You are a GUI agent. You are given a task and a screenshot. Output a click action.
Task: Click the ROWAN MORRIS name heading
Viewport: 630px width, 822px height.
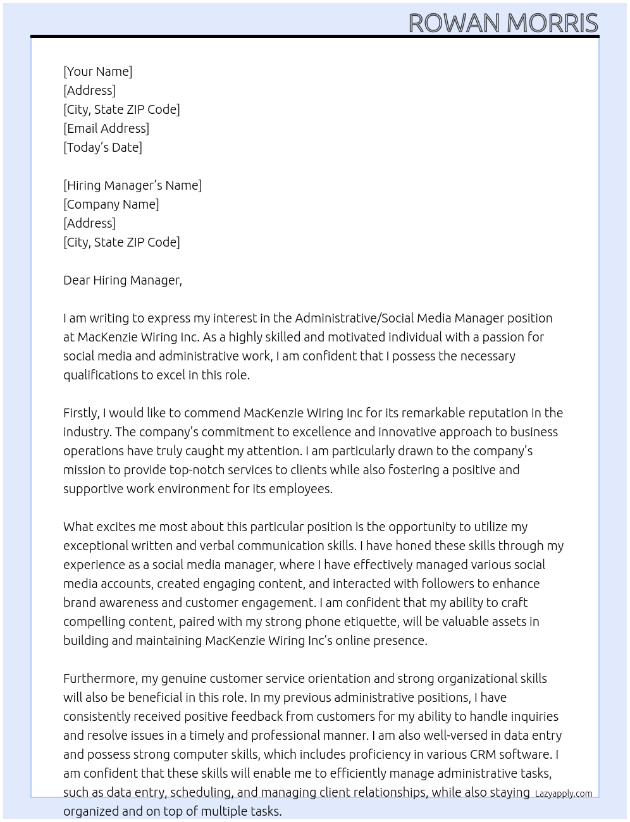pos(503,23)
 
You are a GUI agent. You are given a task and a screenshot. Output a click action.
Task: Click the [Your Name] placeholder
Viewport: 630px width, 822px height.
pos(97,71)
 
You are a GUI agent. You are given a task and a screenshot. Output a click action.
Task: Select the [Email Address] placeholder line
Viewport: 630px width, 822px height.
pos(106,128)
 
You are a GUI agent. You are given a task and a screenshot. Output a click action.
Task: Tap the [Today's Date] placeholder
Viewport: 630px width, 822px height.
pos(102,147)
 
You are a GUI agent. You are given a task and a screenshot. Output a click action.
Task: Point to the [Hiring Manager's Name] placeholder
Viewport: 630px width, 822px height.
pos(132,185)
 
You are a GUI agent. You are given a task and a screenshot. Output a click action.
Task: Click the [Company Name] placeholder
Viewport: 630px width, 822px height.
pos(111,204)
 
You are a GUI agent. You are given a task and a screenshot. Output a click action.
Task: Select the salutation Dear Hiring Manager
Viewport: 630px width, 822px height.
pos(122,280)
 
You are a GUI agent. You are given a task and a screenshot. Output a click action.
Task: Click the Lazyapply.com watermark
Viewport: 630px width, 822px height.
pos(564,794)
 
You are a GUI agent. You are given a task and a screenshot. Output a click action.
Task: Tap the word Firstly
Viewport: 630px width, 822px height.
pos(81,413)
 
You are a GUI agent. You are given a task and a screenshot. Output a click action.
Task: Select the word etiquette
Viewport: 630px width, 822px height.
pos(369,622)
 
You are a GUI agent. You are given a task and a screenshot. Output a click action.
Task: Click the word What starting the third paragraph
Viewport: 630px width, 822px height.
pos(78,527)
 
